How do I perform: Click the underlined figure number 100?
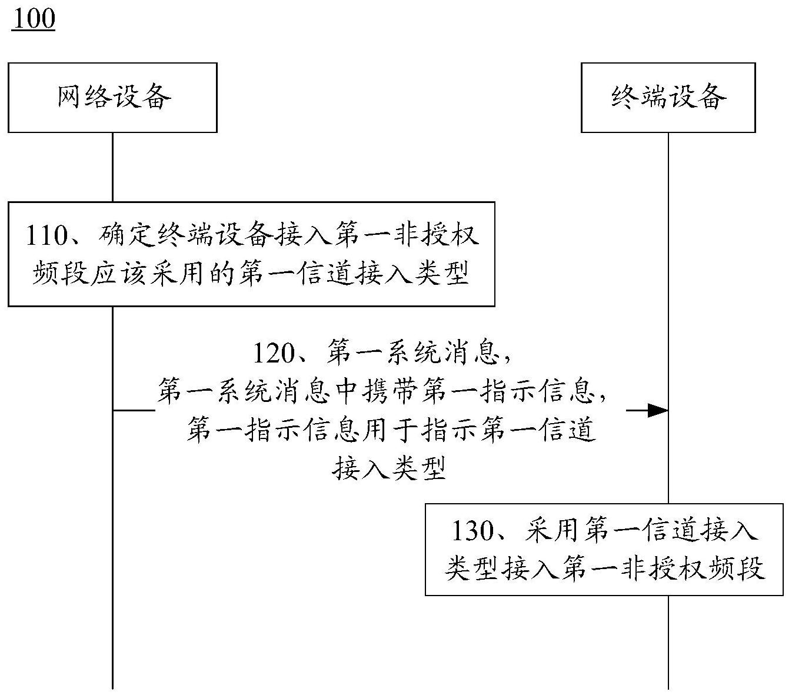pyautogui.click(x=33, y=18)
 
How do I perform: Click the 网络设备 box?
pyautogui.click(x=112, y=97)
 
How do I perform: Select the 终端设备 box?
pyautogui.click(x=668, y=97)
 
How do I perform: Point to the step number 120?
pyautogui.click(x=274, y=353)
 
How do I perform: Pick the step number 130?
pyautogui.click(x=471, y=531)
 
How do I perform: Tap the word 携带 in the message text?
pyautogui.click(x=388, y=391)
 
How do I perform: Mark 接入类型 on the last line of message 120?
pyautogui.click(x=388, y=468)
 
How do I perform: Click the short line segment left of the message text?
pyautogui.click(x=134, y=410)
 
